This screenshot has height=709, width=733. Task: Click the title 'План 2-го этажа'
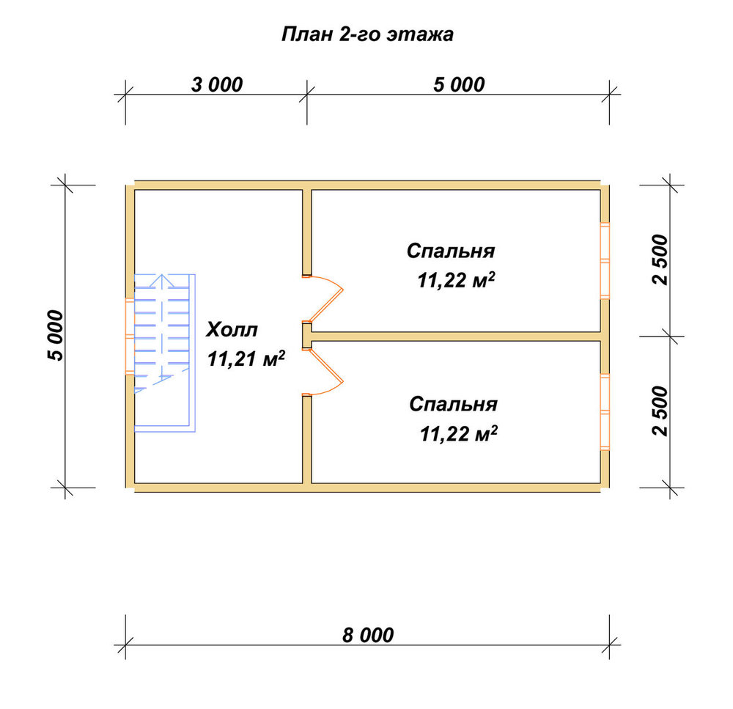click(367, 34)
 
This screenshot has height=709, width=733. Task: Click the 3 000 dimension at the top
click(217, 84)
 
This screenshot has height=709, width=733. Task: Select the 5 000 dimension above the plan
click(459, 84)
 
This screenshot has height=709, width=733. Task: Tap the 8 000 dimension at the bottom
click(368, 635)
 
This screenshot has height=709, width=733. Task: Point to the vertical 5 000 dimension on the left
click(55, 335)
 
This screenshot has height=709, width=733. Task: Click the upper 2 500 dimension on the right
click(660, 260)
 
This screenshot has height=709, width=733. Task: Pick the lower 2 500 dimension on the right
click(660, 411)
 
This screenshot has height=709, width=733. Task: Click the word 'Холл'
click(232, 330)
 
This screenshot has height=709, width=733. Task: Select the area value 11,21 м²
click(246, 359)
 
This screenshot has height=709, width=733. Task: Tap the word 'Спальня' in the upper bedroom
click(451, 251)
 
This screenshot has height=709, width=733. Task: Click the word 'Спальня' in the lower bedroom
click(453, 404)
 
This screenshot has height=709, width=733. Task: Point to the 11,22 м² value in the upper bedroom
click(456, 280)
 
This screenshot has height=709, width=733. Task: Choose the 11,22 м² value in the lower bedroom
click(458, 433)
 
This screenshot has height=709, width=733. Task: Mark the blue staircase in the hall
click(164, 353)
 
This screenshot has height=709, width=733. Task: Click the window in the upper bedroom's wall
click(605, 260)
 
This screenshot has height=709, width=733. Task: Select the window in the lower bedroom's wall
click(605, 411)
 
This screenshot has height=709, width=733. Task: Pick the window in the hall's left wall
click(130, 336)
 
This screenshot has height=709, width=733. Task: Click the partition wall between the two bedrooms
click(456, 337)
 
